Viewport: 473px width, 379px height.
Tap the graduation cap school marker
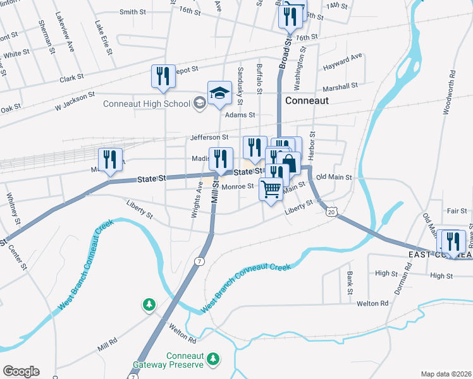219,93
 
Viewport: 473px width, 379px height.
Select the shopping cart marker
271,189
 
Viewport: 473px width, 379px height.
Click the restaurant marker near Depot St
163,77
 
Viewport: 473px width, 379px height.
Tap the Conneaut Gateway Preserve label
169,360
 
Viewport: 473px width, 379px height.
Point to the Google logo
21,371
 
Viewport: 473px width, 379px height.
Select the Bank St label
349,283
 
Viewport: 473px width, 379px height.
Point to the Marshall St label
341,85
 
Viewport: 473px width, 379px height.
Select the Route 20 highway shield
331,212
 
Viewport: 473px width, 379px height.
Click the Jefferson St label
209,137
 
